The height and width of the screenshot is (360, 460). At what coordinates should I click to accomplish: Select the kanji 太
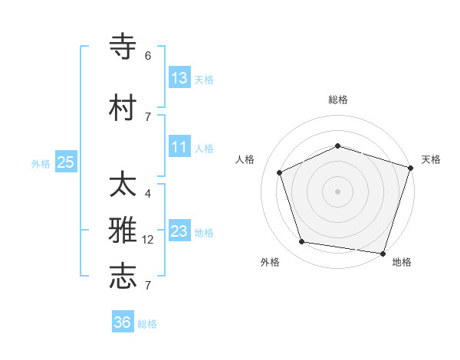click(x=123, y=185)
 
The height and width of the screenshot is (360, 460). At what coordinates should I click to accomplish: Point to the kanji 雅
click(x=123, y=231)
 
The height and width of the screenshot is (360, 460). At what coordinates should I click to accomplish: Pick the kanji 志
click(x=123, y=277)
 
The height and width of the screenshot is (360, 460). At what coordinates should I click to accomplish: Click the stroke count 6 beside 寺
click(x=148, y=56)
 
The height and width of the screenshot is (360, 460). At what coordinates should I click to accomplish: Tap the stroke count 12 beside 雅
click(x=149, y=240)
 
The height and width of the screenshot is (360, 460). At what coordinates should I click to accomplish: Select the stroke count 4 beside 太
click(x=148, y=194)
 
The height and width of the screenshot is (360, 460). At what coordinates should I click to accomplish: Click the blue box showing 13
click(x=179, y=77)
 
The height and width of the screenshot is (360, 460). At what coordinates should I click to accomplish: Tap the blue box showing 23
click(x=179, y=231)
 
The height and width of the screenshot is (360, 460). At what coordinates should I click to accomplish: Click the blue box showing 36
click(x=123, y=322)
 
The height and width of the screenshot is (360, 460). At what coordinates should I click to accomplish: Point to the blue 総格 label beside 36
click(x=148, y=324)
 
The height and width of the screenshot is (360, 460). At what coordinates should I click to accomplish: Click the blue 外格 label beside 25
click(x=41, y=163)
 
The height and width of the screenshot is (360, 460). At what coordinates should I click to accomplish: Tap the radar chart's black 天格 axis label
click(x=431, y=159)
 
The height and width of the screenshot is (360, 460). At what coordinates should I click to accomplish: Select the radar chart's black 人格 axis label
click(x=245, y=159)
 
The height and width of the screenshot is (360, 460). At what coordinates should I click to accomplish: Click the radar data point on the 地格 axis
click(x=383, y=253)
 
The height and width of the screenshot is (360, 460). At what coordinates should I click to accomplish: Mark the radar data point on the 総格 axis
click(x=338, y=146)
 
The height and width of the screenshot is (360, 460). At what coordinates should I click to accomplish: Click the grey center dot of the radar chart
click(x=338, y=191)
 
